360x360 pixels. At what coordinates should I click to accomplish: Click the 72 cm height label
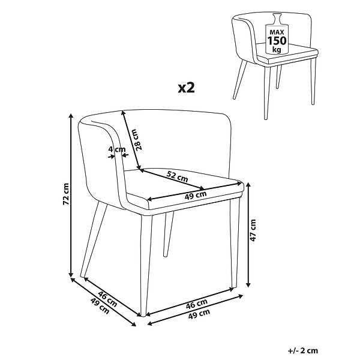[65, 194]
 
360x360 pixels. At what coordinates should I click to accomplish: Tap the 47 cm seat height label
[253, 230]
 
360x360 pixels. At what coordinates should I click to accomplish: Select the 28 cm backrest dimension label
[137, 140]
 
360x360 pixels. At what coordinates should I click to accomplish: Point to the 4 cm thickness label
[117, 149]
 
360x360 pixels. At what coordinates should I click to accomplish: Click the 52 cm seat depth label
[177, 176]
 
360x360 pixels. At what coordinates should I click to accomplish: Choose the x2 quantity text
[186, 88]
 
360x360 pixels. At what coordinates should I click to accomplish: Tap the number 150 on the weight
[277, 41]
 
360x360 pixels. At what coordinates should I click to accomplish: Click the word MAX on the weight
[277, 32]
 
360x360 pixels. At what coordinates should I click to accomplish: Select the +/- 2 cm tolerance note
[302, 350]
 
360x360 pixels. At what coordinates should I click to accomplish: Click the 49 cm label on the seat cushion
[196, 196]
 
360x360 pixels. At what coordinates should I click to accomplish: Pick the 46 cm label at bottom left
[107, 299]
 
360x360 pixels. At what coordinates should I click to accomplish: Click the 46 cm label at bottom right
[197, 304]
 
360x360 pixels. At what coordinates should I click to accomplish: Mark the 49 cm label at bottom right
[199, 314]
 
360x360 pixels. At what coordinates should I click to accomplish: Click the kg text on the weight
[277, 49]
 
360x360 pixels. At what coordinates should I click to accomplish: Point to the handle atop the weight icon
[277, 18]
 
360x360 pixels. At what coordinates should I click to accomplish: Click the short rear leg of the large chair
[168, 234]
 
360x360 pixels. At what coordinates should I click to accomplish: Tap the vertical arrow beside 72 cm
[71, 195]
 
